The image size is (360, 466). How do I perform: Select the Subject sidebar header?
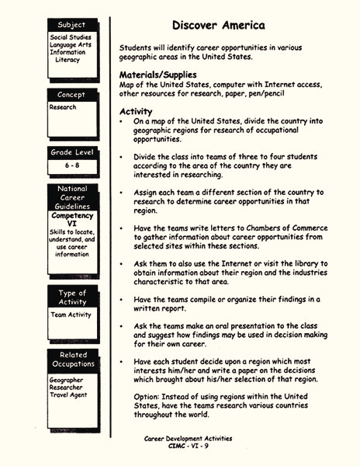coord(71,26)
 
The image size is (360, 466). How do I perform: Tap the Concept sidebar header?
coord(71,95)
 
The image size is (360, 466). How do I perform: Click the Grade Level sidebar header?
coord(71,152)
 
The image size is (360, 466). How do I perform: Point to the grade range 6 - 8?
coord(71,165)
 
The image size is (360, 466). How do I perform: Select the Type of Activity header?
coord(71,297)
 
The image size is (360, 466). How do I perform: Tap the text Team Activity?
coord(70,315)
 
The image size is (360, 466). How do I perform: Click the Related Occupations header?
coord(71,360)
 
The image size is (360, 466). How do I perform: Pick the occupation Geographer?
coord(67,380)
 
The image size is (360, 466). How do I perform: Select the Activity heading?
coord(136,111)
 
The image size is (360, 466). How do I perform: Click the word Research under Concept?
coord(63,107)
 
